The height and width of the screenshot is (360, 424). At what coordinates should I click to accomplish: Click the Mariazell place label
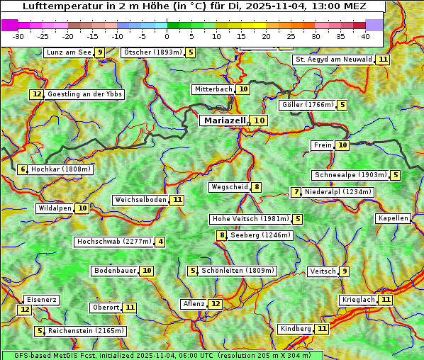pos(223,120)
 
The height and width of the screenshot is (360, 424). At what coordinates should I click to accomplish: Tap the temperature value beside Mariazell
pos(260,120)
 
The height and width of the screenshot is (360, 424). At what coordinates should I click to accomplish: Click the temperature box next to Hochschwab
pos(161,242)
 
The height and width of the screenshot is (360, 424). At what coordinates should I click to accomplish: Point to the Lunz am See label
pos(68,52)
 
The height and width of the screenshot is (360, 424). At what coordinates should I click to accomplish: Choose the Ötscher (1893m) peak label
pos(152,52)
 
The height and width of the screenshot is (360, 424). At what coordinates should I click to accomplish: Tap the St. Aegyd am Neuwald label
pos(333,60)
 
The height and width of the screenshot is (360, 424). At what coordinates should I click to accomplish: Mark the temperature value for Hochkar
pos(23,169)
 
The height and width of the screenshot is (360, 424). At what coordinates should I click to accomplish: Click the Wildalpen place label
pos(55,208)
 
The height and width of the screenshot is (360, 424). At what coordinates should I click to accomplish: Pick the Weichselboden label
pos(140,200)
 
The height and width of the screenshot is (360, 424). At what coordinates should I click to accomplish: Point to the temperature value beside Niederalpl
pos(296,192)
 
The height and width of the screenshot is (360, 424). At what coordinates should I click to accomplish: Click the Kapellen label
pos(393,218)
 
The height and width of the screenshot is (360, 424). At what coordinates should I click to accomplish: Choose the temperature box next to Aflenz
pos(216,304)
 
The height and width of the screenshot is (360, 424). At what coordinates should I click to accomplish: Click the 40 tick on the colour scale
pos(365,35)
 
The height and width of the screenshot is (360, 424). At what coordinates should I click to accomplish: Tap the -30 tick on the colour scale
pos(18,35)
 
